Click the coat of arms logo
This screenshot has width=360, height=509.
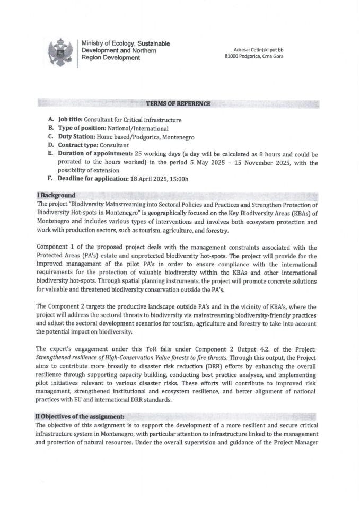click(60, 52)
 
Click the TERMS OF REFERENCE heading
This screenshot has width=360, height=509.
click(178, 103)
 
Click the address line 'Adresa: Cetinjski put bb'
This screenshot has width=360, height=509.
click(257, 49)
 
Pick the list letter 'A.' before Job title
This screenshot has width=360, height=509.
click(50, 120)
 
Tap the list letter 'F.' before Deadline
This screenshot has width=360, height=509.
click(50, 179)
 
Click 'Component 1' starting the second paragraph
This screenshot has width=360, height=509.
click(56, 248)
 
